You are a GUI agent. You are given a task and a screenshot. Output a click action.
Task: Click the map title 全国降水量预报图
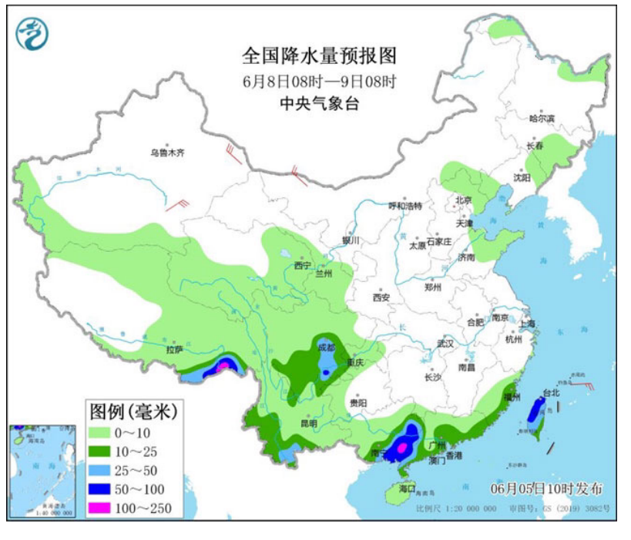pyautogui.click(x=319, y=57)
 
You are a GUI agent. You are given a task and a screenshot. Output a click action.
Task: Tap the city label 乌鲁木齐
pyautogui.click(x=167, y=153)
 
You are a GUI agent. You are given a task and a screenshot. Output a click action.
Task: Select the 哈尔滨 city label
pyautogui.click(x=542, y=119)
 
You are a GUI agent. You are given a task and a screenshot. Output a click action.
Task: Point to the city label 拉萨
pyautogui.click(x=174, y=350)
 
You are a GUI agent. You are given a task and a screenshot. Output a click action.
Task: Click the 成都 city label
pyautogui.click(x=327, y=348)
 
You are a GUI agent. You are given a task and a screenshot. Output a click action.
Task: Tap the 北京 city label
pyautogui.click(x=463, y=200)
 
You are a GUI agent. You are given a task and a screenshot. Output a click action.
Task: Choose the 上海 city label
pyautogui.click(x=527, y=324)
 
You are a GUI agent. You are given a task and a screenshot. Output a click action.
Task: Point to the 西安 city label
pyautogui.click(x=381, y=297)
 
